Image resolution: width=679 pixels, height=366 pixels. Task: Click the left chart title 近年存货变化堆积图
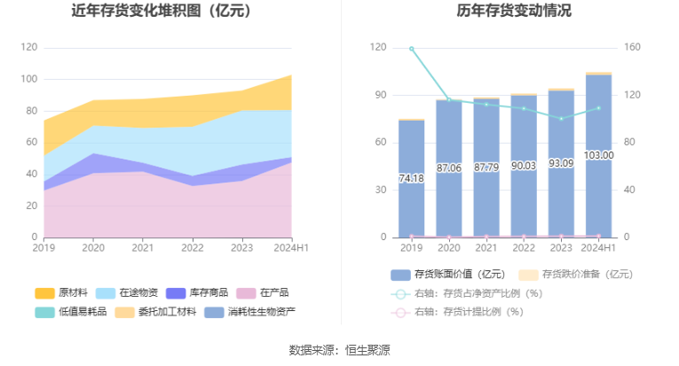click(x=161, y=12)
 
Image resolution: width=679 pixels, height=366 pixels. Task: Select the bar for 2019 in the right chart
click(x=411, y=177)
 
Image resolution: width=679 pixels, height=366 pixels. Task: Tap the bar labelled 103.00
click(x=598, y=155)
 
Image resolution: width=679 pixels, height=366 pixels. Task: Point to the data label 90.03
click(x=523, y=165)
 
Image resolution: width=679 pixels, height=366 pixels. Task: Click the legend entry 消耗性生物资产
click(x=250, y=311)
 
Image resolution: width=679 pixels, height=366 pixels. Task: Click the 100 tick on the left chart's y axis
click(x=29, y=79)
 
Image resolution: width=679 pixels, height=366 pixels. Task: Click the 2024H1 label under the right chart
click(x=598, y=249)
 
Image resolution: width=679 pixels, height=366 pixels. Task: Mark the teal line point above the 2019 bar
click(x=411, y=49)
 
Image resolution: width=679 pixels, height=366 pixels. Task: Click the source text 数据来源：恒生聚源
click(x=339, y=350)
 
